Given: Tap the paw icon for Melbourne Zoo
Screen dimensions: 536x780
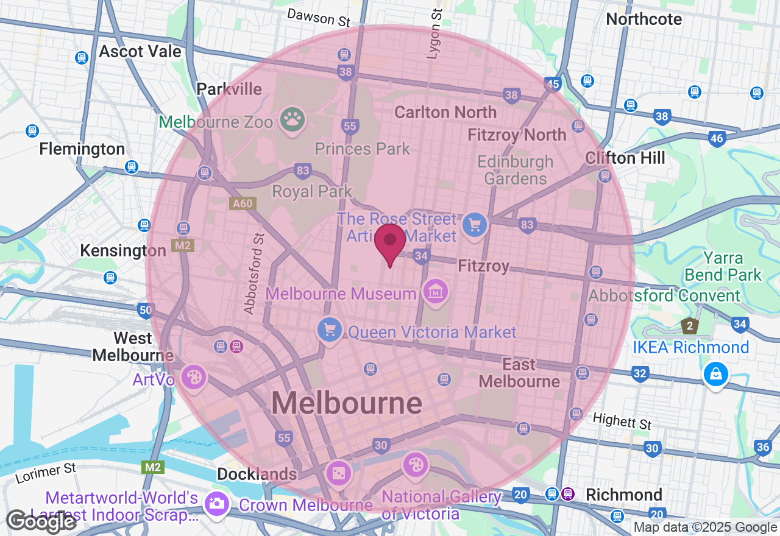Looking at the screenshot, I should [x=292, y=119].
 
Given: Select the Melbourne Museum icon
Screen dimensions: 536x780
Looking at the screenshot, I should [x=436, y=292].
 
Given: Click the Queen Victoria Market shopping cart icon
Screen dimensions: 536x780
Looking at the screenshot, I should [x=330, y=330].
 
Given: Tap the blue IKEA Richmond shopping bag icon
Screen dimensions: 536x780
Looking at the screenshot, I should [x=715, y=374].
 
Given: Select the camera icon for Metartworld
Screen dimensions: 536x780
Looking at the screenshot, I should [x=216, y=504].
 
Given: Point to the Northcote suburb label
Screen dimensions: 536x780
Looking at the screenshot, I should [x=643, y=19].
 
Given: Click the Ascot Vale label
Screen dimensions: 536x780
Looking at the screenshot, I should [x=140, y=51].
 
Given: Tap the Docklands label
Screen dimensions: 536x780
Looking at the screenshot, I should [x=257, y=474].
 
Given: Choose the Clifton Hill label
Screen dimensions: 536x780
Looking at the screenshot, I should [x=625, y=158].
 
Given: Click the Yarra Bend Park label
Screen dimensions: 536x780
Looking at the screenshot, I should [x=723, y=266].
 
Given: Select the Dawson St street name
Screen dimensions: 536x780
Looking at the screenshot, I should [x=319, y=17].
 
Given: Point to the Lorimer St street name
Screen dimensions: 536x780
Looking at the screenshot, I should [x=46, y=473].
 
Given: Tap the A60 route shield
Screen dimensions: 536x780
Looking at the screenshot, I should [x=242, y=203].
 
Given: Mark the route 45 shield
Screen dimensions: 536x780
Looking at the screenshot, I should [x=553, y=85].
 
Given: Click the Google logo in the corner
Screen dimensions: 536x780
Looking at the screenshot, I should [x=41, y=521].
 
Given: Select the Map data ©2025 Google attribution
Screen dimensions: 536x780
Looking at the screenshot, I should [x=705, y=527].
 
